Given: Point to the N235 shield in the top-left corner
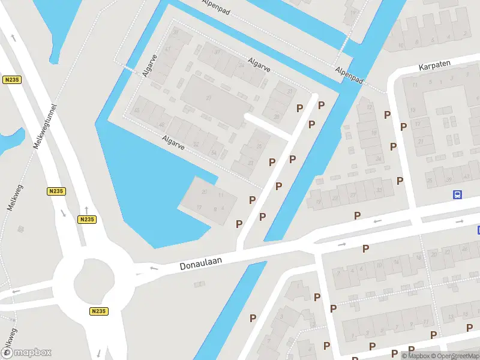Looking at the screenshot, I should tap(11, 80).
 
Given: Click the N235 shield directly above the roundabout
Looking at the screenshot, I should tap(86, 220).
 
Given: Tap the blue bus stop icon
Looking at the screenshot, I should tap(457, 194).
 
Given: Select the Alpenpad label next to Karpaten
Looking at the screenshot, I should tap(350, 75).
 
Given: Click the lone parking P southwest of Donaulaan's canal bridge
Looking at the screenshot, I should tap(253, 318).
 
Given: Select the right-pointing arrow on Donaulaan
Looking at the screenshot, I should tap(341, 244).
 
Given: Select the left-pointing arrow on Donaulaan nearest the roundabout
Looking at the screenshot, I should tap(154, 268).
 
